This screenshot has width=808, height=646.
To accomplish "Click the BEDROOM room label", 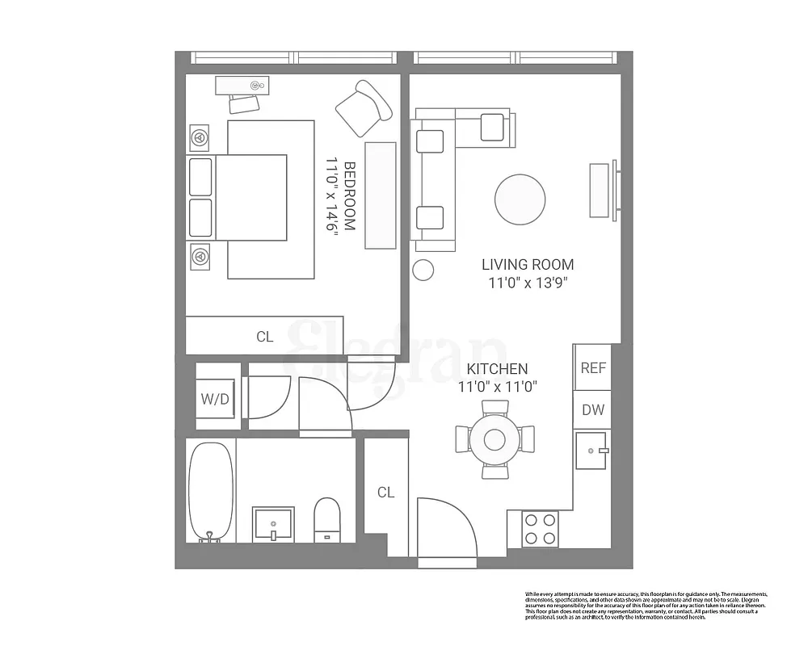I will tap(350, 196).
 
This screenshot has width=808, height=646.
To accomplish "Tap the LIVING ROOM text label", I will tap(528, 264).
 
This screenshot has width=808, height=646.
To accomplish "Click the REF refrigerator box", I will tap(593, 367).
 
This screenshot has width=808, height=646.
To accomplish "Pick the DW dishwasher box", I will tap(593, 409).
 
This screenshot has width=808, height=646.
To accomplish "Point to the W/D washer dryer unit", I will tap(214, 399).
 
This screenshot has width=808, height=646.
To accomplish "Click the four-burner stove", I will tap(540, 529).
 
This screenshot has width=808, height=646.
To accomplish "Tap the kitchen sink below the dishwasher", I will tap(592, 450).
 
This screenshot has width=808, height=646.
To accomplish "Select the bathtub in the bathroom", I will tap(211, 492).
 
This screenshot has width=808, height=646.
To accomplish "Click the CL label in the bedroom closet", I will tap(264, 337).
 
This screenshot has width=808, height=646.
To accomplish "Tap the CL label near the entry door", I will tap(385, 492).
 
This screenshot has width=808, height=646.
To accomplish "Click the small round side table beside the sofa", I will tap(423, 270).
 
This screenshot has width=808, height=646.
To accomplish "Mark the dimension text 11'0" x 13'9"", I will tap(528, 283).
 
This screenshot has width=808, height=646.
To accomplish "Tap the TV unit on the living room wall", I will tap(600, 191).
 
